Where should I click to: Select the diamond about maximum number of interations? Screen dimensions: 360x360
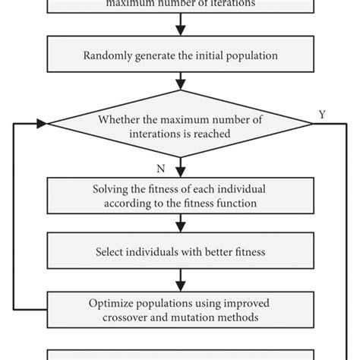click(180, 125)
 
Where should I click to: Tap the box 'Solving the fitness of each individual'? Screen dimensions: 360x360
click(180, 195)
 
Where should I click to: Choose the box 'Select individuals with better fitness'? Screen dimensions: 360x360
click(180, 251)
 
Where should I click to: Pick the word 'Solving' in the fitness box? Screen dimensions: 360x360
click(109, 189)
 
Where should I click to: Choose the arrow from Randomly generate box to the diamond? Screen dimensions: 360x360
click(180, 82)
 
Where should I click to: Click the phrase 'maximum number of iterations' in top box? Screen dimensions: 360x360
click(180, 3)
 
